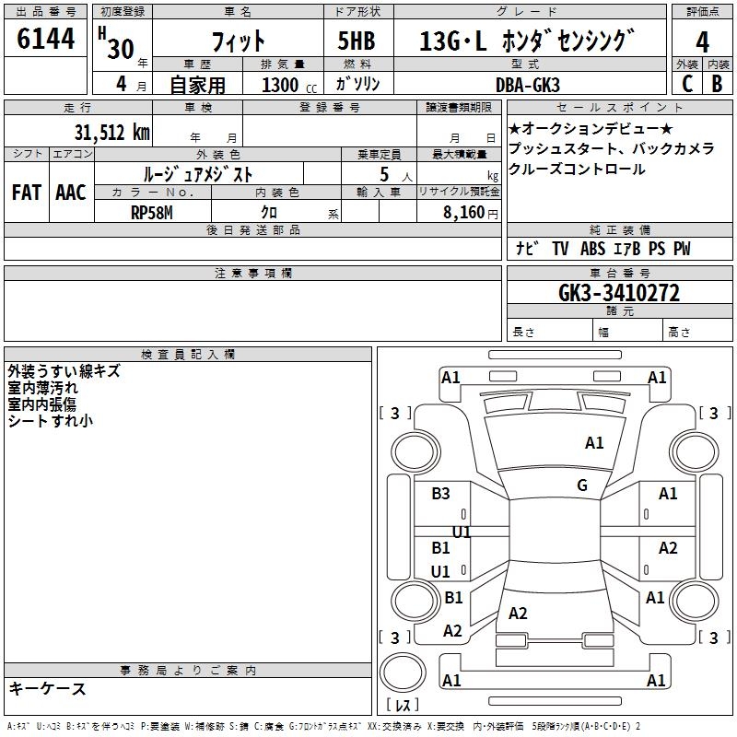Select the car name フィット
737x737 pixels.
click(238, 41)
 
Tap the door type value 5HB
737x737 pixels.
click(356, 41)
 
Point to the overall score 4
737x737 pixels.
click(703, 41)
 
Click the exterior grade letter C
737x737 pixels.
click(686, 84)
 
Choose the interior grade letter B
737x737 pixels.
click(718, 84)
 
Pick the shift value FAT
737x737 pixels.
click(27, 193)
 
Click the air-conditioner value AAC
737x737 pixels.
click(70, 193)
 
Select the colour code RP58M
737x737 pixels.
click(152, 212)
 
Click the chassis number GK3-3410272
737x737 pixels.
click(619, 293)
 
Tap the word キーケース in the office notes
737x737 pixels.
click(47, 688)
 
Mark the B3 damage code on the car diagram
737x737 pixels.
click(441, 493)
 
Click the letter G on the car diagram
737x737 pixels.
click(582, 485)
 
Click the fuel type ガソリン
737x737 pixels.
click(356, 84)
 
